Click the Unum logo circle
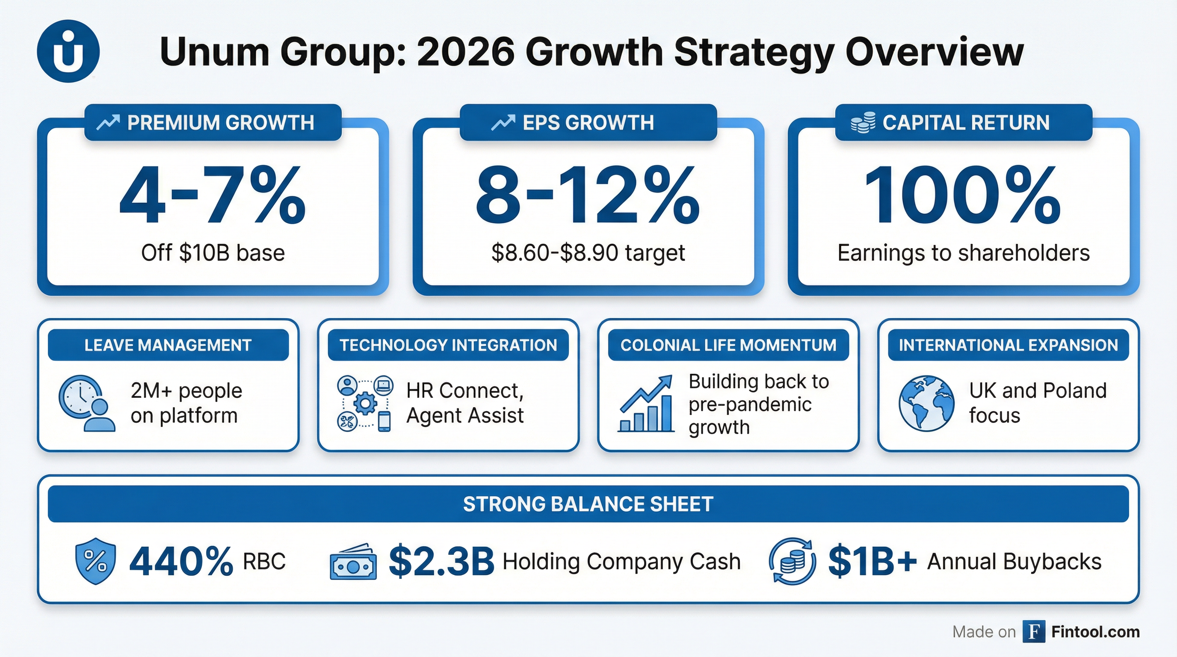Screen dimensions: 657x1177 click(x=68, y=51)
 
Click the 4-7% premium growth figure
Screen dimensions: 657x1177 click(x=213, y=195)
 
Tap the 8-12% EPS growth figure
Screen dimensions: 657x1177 click(x=588, y=195)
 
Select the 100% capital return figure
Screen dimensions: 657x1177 click(x=963, y=195)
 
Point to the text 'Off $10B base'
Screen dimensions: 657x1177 click(x=213, y=253)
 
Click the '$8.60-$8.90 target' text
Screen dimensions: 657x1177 click(x=588, y=253)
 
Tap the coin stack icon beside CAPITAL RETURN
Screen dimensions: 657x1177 click(x=863, y=122)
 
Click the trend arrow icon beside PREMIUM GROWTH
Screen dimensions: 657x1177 click(x=108, y=122)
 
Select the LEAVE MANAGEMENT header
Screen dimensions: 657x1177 click(x=168, y=345)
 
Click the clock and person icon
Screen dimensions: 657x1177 click(x=86, y=403)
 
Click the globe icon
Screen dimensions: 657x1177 click(x=926, y=403)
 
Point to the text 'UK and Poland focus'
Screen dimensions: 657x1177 click(x=1038, y=403)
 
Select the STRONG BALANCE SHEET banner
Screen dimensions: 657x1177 click(x=588, y=504)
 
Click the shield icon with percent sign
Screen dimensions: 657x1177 click(x=95, y=561)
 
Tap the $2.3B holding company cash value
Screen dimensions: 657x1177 click(x=441, y=561)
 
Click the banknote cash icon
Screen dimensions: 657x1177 click(x=353, y=563)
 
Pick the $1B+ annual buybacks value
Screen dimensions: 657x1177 click(x=872, y=561)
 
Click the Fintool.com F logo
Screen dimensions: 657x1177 click(x=1034, y=632)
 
